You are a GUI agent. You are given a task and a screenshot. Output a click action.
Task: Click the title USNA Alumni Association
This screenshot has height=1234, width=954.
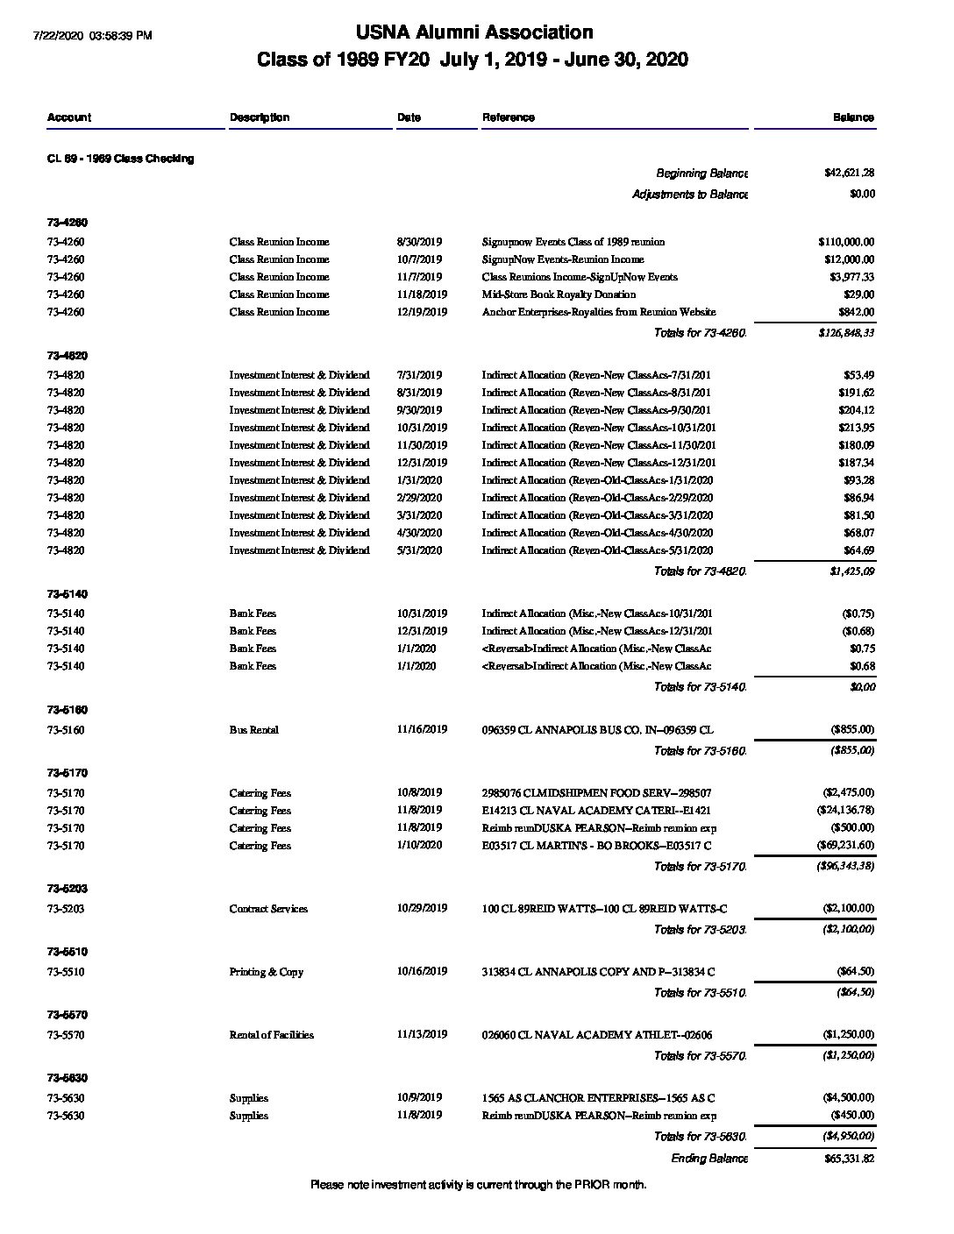pyautogui.click(x=474, y=32)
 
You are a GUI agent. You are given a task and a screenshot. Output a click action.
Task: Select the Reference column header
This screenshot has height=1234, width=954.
pyautogui.click(x=508, y=117)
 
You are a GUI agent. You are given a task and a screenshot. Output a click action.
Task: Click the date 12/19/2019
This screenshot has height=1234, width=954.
pyautogui.click(x=422, y=312)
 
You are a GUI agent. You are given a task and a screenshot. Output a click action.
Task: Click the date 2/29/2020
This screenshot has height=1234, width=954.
pyautogui.click(x=419, y=498)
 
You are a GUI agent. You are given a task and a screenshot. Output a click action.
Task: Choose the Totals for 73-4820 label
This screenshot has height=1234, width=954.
pyautogui.click(x=700, y=571)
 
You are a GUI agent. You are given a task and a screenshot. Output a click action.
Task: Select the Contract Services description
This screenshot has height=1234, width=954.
pyautogui.click(x=268, y=909)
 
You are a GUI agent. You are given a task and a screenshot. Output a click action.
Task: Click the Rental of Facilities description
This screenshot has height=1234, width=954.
pyautogui.click(x=271, y=1035)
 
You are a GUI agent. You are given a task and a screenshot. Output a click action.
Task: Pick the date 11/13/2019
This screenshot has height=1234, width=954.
pyautogui.click(x=422, y=1034)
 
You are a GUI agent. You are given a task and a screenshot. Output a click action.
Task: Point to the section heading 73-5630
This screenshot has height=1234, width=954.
pyautogui.click(x=67, y=1078)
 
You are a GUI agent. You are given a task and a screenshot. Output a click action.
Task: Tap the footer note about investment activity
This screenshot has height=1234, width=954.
pyautogui.click(x=478, y=1185)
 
